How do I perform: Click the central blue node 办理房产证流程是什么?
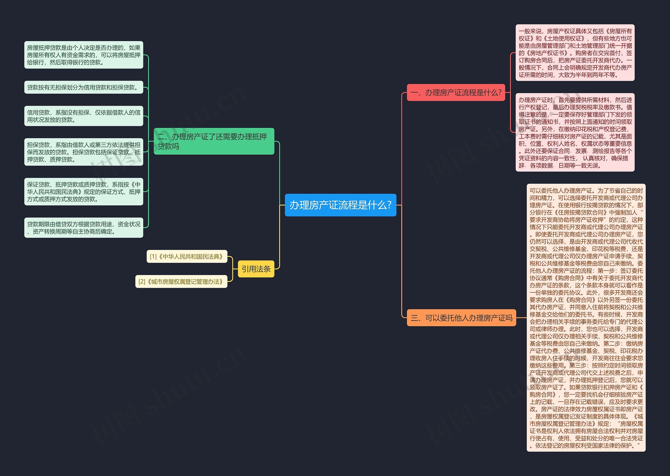[340, 205]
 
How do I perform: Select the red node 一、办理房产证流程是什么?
[456, 93]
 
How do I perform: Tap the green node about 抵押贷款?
[214, 141]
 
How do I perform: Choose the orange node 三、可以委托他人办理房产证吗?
[461, 318]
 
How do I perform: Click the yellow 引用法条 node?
[256, 269]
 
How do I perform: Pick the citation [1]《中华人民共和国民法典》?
[187, 256]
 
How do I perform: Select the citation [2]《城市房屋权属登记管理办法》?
[181, 282]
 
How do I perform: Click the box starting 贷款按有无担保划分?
[83, 87]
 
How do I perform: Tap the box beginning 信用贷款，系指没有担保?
[83, 116]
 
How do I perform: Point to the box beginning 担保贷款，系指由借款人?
[83, 152]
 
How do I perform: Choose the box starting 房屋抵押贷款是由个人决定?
[83, 55]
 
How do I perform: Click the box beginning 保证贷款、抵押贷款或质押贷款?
[83, 192]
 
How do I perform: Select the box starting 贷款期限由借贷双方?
[83, 228]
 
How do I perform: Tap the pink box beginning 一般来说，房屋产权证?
[575, 53]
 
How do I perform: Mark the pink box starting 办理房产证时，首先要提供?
[575, 132]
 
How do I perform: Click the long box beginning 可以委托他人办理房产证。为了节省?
[586, 318]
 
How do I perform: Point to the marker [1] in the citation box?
[153, 257]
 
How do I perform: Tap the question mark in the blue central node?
[389, 205]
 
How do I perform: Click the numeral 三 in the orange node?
[414, 318]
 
